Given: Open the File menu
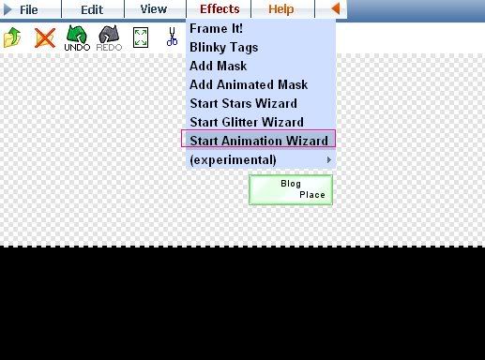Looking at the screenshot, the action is [x=29, y=9].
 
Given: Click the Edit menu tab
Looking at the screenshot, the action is [x=92, y=9].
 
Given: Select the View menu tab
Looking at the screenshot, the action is [x=154, y=9].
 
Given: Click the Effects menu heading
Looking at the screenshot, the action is [x=220, y=9].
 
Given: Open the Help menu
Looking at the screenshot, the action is [x=281, y=9].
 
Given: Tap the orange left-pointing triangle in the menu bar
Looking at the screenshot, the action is [x=335, y=8].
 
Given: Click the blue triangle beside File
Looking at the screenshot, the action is [x=8, y=9].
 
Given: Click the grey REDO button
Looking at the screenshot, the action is [x=109, y=38].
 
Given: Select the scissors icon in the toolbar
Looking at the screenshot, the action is [x=172, y=37].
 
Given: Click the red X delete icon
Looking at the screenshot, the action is [x=45, y=38].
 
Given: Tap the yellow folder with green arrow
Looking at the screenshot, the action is [x=12, y=37].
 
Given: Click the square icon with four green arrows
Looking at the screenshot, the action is [x=141, y=37].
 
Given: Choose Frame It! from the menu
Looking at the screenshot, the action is [x=216, y=29].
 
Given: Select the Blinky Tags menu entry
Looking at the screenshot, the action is [x=224, y=48].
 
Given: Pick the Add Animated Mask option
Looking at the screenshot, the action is [x=249, y=84].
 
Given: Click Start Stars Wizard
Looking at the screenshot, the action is [x=243, y=103].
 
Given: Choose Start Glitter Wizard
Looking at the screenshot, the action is [x=247, y=122].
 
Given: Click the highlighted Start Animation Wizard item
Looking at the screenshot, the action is [x=259, y=141].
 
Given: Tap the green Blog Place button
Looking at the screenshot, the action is [x=291, y=190].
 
